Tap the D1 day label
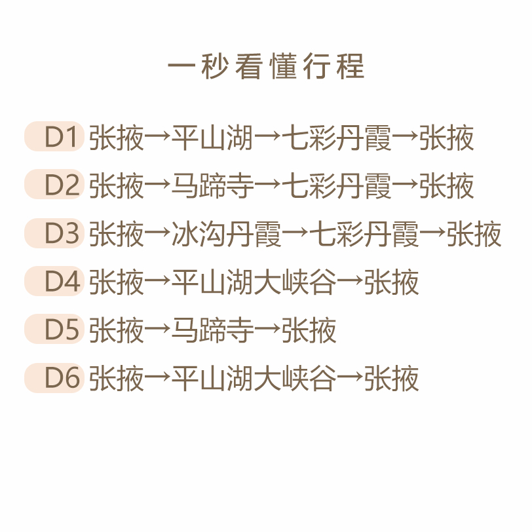(x=55, y=138)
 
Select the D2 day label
(x=55, y=185)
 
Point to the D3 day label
(x=55, y=234)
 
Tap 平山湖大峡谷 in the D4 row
(x=254, y=283)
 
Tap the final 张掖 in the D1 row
(x=447, y=138)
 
